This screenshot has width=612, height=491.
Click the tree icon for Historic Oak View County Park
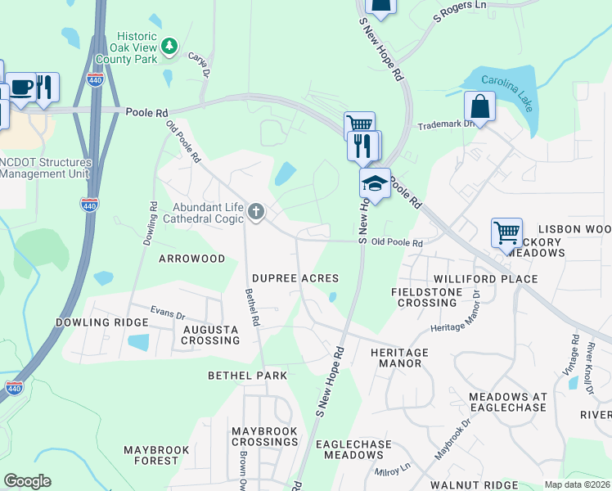point(169,46)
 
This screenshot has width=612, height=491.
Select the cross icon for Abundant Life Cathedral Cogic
point(256,213)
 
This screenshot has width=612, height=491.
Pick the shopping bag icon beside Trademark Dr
point(479,106)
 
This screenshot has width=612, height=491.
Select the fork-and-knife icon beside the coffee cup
point(45,86)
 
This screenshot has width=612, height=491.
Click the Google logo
point(27,481)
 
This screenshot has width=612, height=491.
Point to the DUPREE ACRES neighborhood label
point(295,278)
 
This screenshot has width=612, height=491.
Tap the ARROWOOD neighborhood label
point(191,259)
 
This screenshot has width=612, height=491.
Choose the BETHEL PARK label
point(247,375)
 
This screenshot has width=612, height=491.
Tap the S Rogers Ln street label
point(458,11)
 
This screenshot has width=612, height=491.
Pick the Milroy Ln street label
point(393,470)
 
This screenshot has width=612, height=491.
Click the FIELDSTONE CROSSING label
point(424,297)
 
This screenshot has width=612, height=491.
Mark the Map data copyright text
point(576,484)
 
